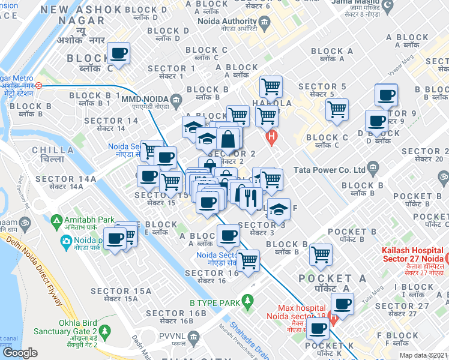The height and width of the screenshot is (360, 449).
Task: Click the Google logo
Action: click(20, 353)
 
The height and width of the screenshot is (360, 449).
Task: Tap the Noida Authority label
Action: click(231, 23)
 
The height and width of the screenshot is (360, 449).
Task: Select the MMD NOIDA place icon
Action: click(176, 99)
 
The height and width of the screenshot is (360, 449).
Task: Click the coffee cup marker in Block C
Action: click(118, 55)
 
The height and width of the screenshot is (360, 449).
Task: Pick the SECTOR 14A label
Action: click(65, 179)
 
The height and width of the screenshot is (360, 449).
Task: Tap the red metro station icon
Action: click(38, 85)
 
